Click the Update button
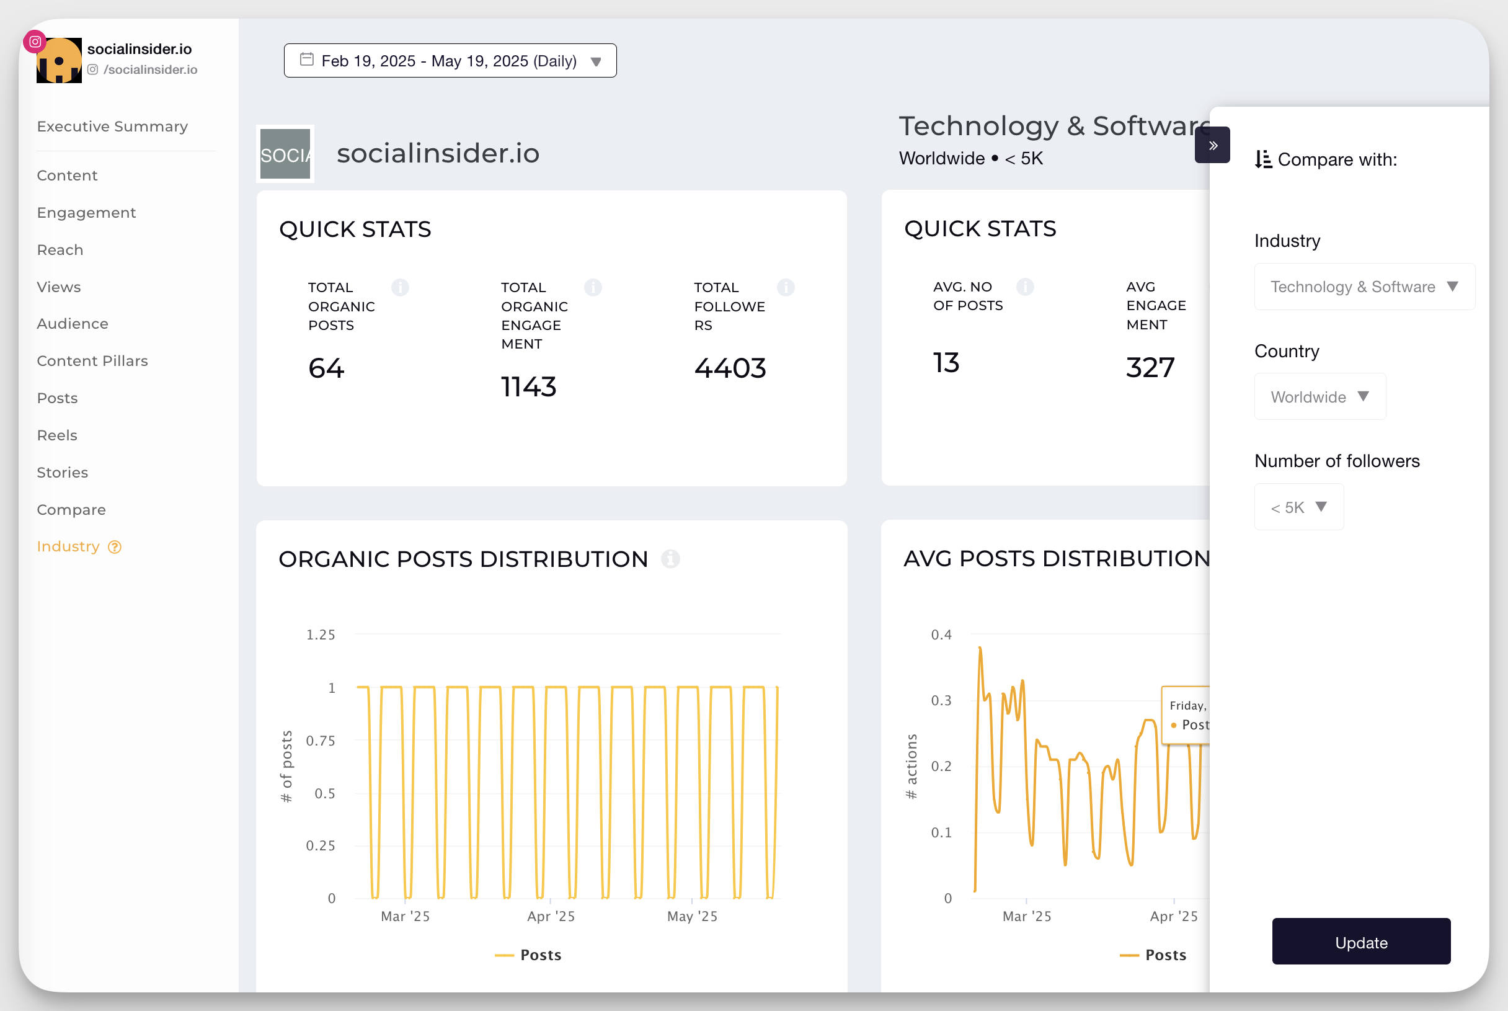pyautogui.click(x=1360, y=942)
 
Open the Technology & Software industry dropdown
pyautogui.click(x=1364, y=287)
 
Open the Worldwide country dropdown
pyautogui.click(x=1318, y=397)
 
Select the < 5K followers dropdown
pyautogui.click(x=1298, y=507)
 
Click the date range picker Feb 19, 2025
pyautogui.click(x=449, y=61)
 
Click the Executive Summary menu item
pyautogui.click(x=112, y=127)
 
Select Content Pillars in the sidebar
pyautogui.click(x=92, y=361)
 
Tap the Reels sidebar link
pyautogui.click(x=56, y=435)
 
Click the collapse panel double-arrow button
pyautogui.click(x=1212, y=146)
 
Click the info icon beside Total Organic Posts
pyautogui.click(x=399, y=288)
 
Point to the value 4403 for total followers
pyautogui.click(x=730, y=368)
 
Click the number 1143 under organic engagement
pyautogui.click(x=528, y=387)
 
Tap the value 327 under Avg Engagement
pyautogui.click(x=1150, y=368)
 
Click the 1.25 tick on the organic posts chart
pyautogui.click(x=321, y=635)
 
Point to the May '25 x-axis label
pyautogui.click(x=691, y=916)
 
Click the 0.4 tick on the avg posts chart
pyautogui.click(x=941, y=635)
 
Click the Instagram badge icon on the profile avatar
pyautogui.click(x=35, y=42)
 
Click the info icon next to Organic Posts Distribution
pyautogui.click(x=670, y=559)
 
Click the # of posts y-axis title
pyautogui.click(x=286, y=767)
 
